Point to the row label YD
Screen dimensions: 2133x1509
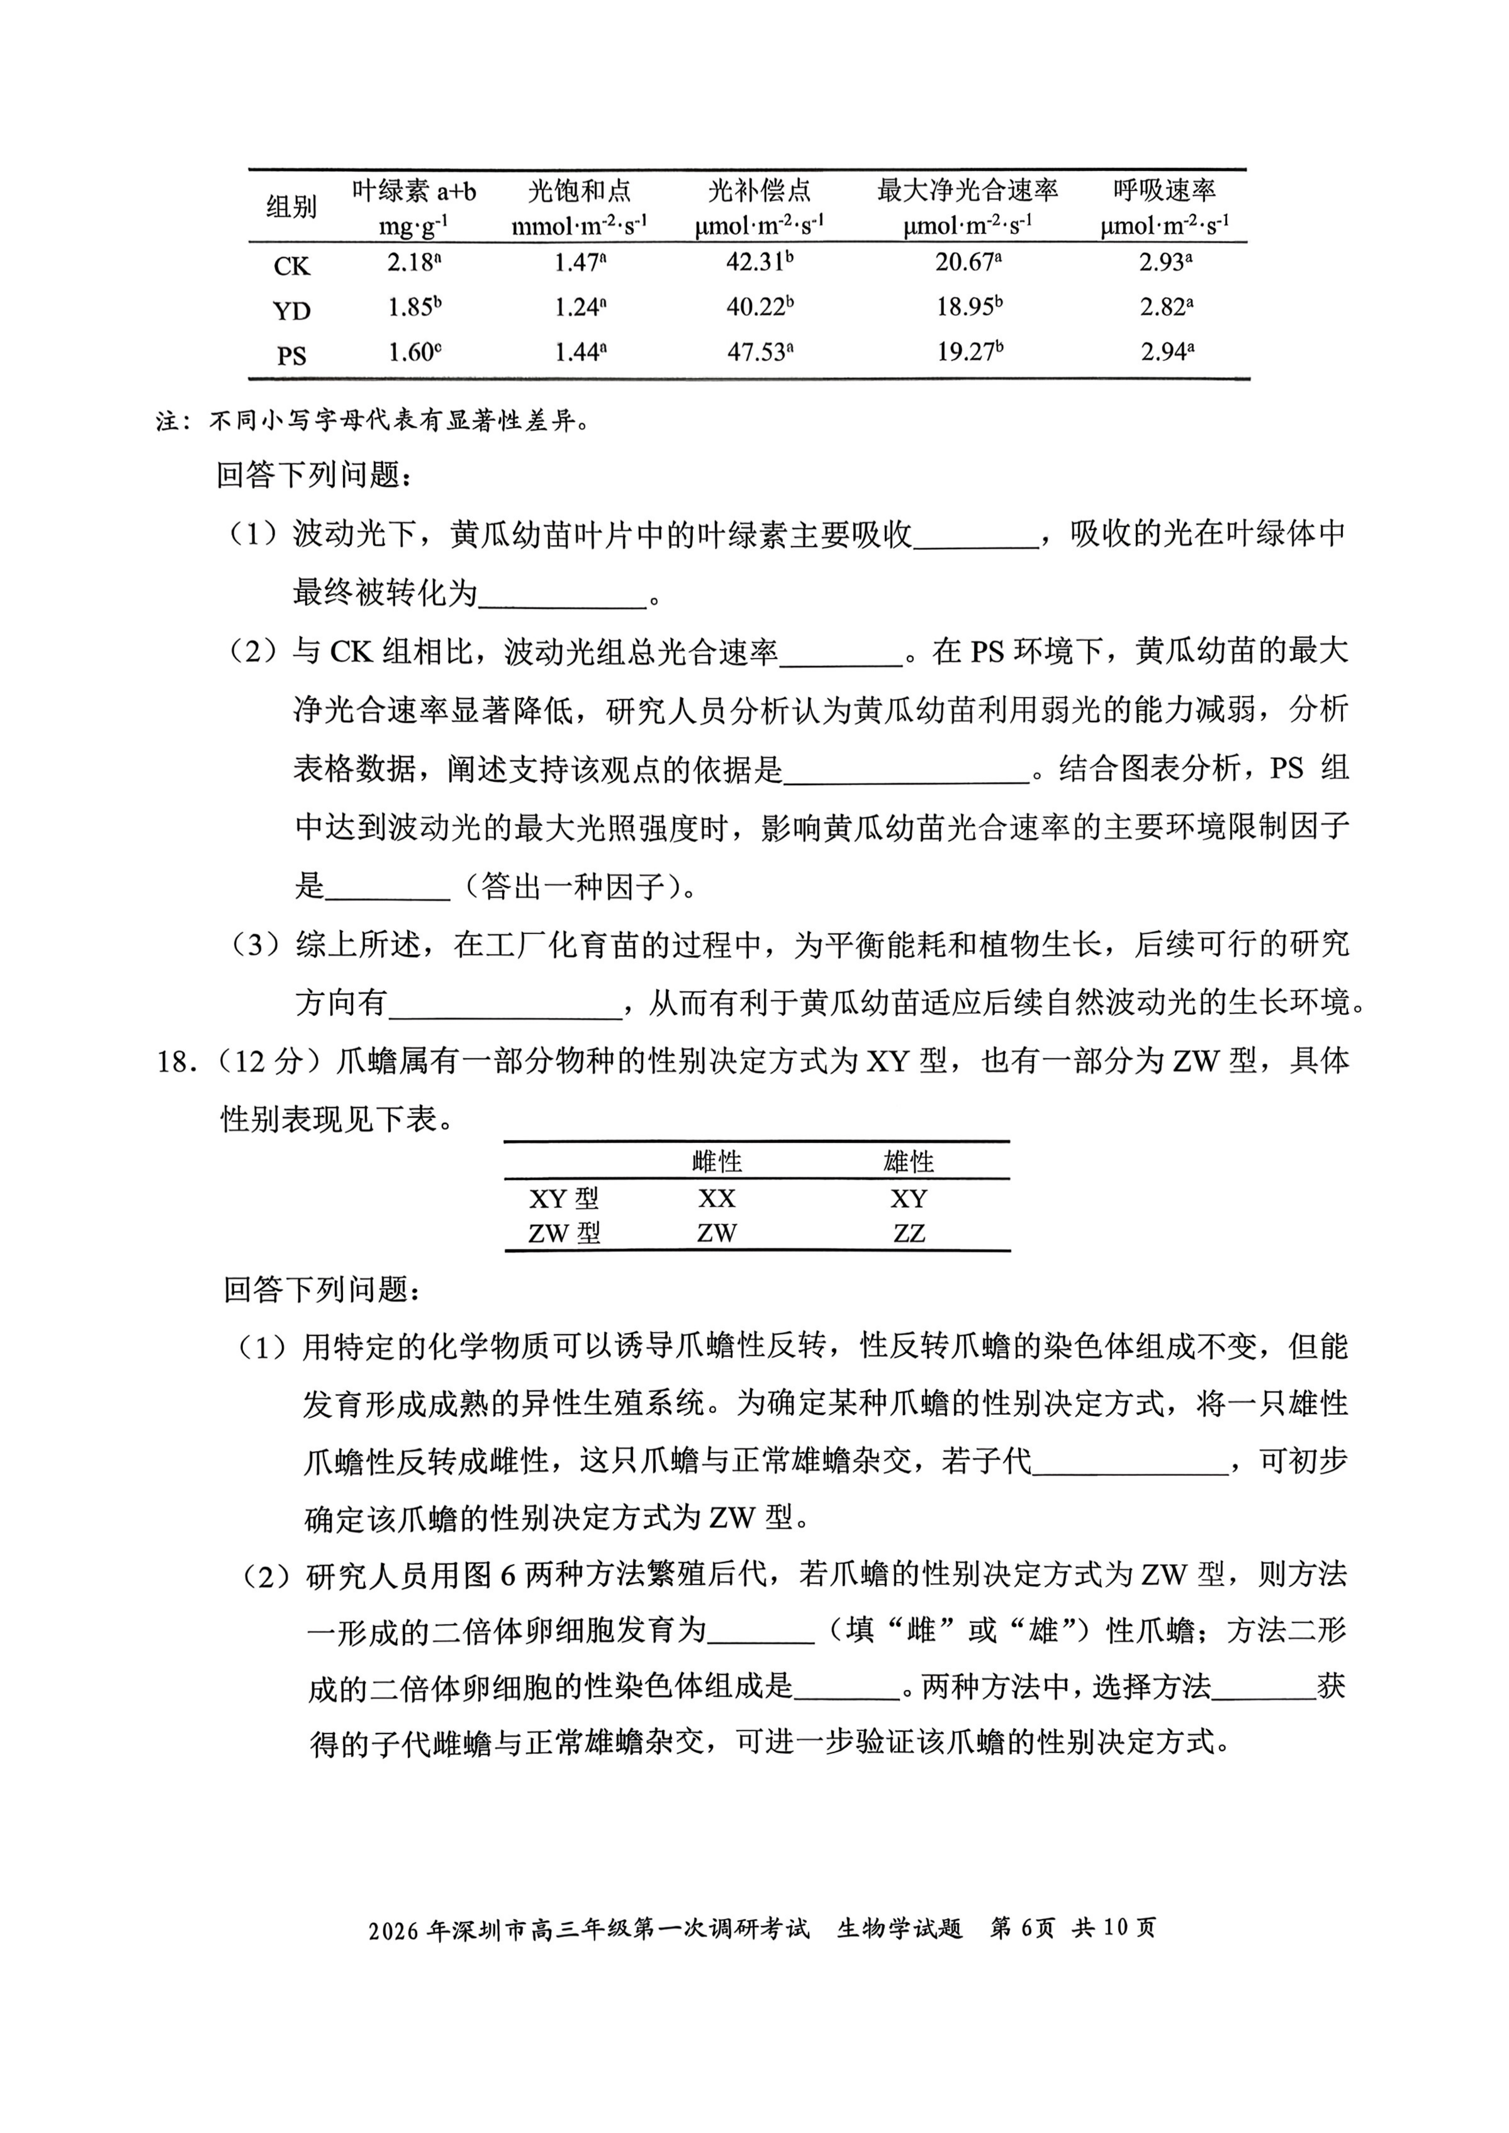tap(291, 310)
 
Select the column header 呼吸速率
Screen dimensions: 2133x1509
tap(1164, 191)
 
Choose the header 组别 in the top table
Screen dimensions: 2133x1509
tap(291, 206)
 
